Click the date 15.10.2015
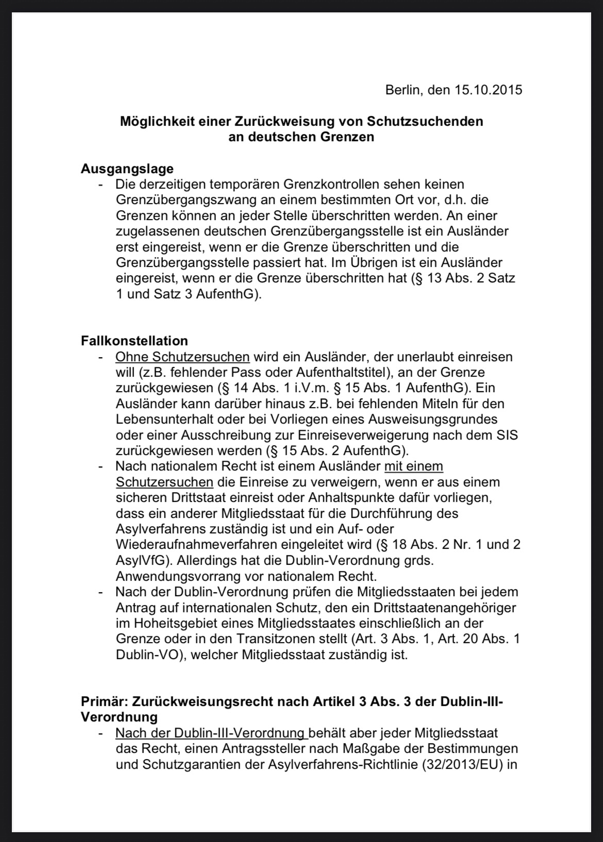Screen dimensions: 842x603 click(488, 90)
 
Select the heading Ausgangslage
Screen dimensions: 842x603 click(127, 169)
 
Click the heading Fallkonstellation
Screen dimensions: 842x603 click(135, 341)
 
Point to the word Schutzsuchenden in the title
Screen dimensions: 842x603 click(425, 122)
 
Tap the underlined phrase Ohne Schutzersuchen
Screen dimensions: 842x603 click(182, 357)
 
